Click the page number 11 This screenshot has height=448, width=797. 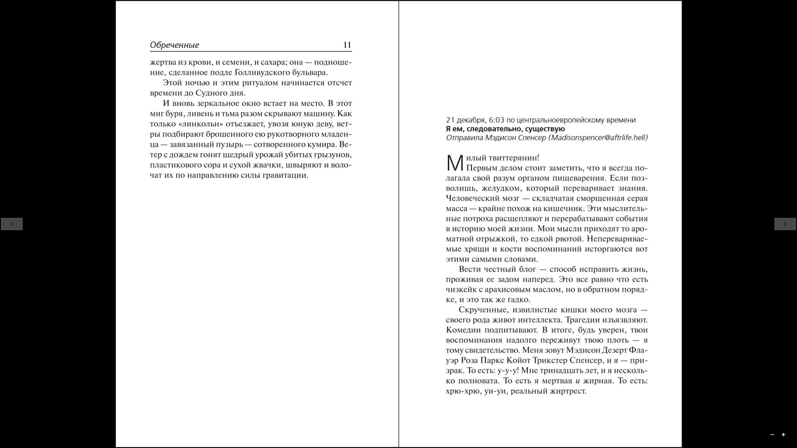click(x=347, y=45)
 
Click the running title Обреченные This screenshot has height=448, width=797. click(x=174, y=45)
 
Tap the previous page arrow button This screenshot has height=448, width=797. click(x=12, y=224)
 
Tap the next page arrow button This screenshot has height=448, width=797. click(x=785, y=224)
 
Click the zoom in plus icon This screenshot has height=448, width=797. click(x=783, y=435)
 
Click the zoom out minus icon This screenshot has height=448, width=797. click(x=772, y=435)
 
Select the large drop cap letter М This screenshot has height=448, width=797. click(x=455, y=163)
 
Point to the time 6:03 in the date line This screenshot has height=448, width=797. click(x=496, y=120)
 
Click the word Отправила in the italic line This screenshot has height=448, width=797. click(x=465, y=138)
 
